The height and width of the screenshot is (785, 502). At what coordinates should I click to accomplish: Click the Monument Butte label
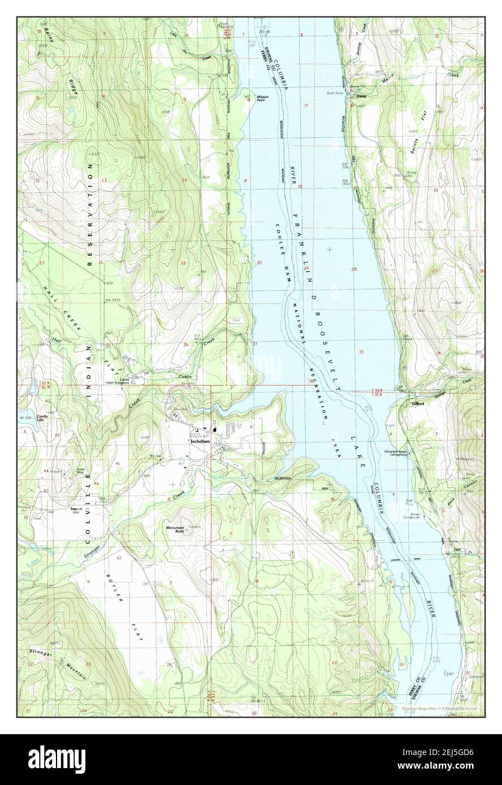[175, 530]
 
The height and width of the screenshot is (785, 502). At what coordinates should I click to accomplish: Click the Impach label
[77, 508]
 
